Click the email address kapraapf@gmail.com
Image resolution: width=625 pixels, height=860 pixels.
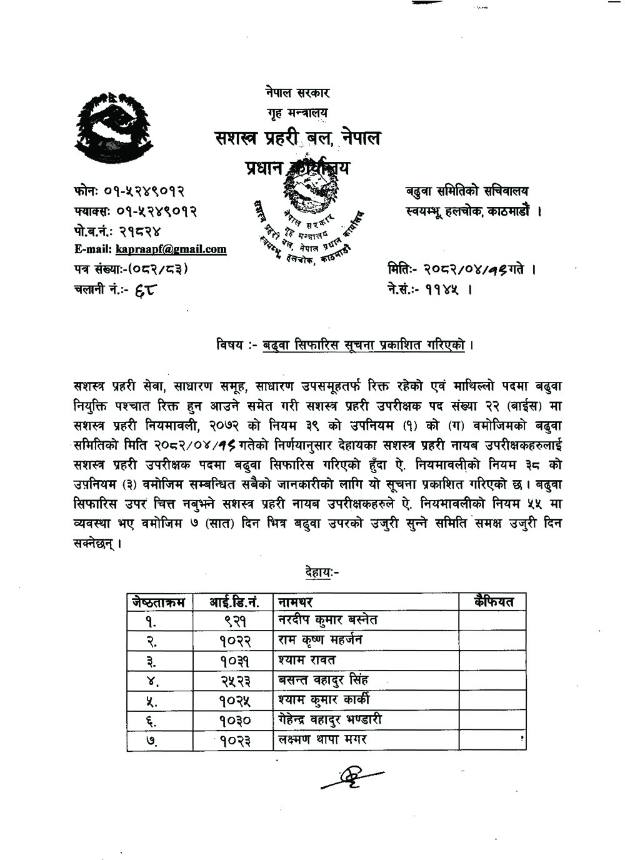pyautogui.click(x=171, y=249)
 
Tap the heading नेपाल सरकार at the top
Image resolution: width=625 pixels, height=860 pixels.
pyautogui.click(x=296, y=93)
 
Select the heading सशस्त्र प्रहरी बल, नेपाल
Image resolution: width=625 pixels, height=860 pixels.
pyautogui.click(x=296, y=137)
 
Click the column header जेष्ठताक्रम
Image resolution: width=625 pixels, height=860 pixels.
pyautogui.click(x=159, y=602)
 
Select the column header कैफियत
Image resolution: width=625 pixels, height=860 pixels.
pyautogui.click(x=493, y=601)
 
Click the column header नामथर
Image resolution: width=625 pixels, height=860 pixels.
pyautogui.click(x=296, y=602)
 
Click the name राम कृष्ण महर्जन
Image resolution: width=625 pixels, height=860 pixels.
pyautogui.click(x=320, y=640)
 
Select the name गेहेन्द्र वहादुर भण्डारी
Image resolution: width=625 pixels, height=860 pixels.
pyautogui.click(x=330, y=720)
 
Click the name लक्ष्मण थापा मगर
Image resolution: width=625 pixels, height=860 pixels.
pyautogui.click(x=322, y=740)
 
